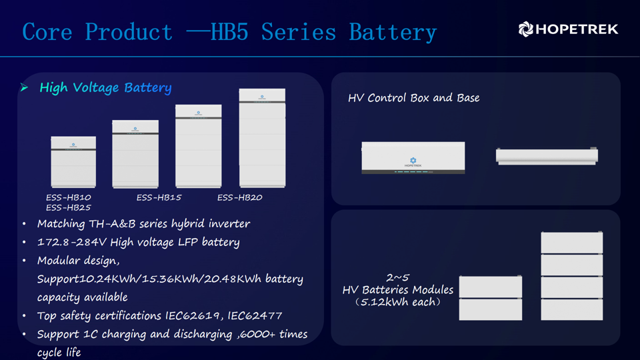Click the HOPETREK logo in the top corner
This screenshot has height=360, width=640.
point(568,29)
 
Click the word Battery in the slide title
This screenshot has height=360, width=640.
point(393,32)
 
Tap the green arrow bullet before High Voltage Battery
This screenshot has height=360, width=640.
point(24,87)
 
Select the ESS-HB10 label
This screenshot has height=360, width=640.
point(69,197)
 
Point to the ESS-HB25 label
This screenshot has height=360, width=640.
point(69,207)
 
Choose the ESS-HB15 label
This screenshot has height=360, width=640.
point(159,197)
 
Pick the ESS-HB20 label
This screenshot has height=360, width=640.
point(239,197)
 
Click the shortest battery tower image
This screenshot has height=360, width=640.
point(73,162)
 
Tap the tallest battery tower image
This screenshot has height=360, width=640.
point(263,138)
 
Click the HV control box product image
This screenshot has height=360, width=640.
point(413,157)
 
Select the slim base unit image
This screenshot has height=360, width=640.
point(547,156)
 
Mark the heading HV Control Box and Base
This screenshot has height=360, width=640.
point(413,98)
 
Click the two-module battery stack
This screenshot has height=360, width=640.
point(491,298)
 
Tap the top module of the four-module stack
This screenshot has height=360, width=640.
point(572,243)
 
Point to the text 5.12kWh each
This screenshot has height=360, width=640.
point(398,302)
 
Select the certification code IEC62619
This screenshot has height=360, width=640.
point(192,315)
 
